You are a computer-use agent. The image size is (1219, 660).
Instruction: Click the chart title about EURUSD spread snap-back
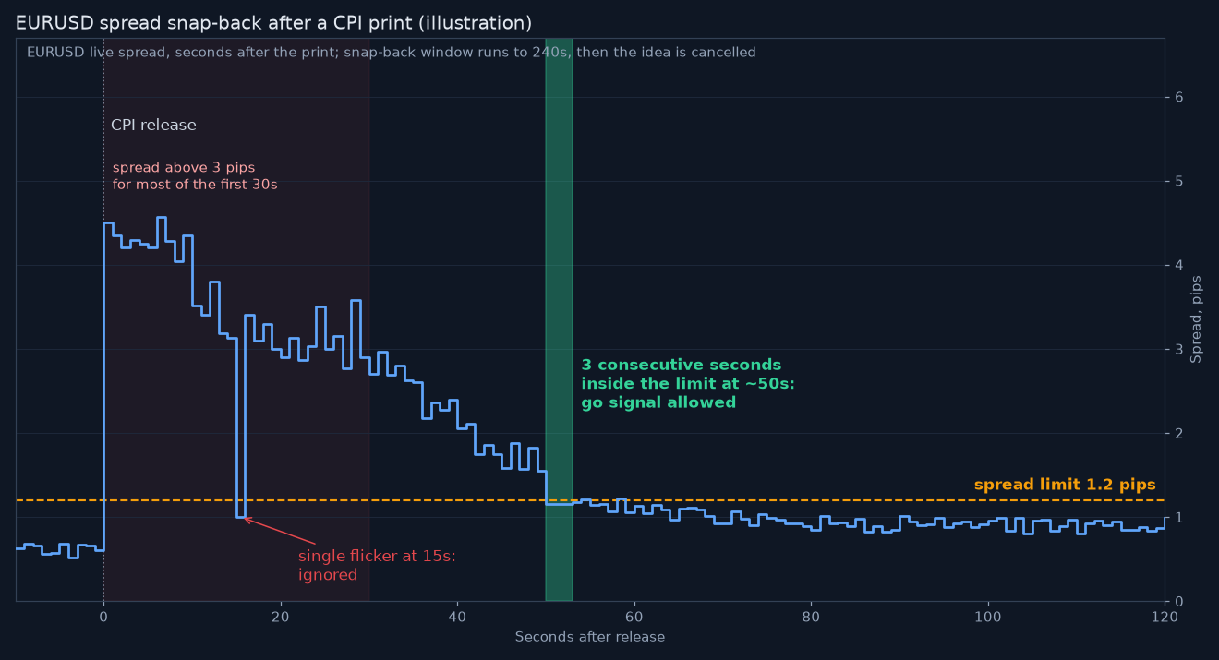click(x=273, y=23)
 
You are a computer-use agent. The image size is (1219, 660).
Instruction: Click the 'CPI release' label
click(x=153, y=126)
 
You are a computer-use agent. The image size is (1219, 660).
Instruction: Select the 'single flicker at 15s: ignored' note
click(x=377, y=565)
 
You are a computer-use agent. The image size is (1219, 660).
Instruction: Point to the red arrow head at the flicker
click(x=246, y=519)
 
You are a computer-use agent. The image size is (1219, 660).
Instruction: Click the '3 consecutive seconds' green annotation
click(x=688, y=384)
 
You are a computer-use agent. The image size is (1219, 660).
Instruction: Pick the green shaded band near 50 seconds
click(x=559, y=319)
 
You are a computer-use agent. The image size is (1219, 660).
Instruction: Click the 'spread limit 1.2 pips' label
click(x=1065, y=485)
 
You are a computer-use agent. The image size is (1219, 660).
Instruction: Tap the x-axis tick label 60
click(x=634, y=617)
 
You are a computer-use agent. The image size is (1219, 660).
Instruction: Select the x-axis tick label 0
click(x=103, y=617)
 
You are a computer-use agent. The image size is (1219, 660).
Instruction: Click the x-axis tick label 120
click(x=1165, y=617)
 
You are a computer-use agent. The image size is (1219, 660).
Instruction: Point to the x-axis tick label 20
click(x=280, y=617)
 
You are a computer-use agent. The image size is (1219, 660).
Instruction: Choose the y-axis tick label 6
click(x=1178, y=97)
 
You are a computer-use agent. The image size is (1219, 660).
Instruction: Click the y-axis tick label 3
click(x=1178, y=349)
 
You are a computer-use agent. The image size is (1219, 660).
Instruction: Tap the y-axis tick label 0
click(x=1178, y=601)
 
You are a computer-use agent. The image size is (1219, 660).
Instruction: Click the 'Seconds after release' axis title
click(x=590, y=637)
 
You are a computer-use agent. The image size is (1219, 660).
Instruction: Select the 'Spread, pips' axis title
click(x=1196, y=319)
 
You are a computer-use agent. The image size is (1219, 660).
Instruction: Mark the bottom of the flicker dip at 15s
click(x=241, y=517)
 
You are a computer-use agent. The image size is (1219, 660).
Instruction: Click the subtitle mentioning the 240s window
click(x=392, y=53)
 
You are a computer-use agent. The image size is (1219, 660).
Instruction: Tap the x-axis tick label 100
click(x=988, y=617)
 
